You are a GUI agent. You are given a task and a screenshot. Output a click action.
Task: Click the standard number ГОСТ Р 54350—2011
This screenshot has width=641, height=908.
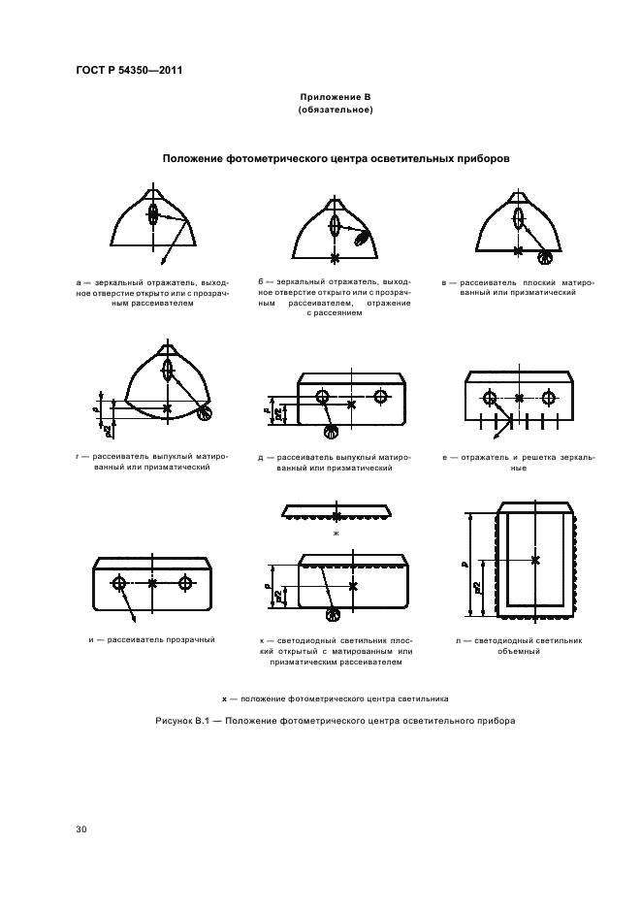(x=129, y=70)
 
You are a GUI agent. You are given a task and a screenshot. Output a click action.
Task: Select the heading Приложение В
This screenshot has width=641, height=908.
(x=335, y=98)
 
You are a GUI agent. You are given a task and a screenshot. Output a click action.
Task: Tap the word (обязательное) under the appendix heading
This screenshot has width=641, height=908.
(x=336, y=110)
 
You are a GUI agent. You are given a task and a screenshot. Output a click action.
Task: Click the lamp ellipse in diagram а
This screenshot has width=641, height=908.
(x=153, y=217)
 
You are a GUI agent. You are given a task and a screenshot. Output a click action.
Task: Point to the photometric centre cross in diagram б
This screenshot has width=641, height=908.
(x=335, y=259)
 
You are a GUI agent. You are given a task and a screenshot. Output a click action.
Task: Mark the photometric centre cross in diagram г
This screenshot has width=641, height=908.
(x=168, y=408)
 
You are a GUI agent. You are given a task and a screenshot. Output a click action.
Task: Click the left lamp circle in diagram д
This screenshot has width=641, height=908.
(x=322, y=397)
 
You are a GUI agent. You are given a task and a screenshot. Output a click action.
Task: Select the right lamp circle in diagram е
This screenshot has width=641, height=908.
(x=549, y=398)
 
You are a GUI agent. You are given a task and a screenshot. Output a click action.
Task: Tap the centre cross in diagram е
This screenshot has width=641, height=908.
(x=520, y=398)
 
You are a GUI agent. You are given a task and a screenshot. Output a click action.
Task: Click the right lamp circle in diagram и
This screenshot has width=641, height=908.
(x=185, y=583)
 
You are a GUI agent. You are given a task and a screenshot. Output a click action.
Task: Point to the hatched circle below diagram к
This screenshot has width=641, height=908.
(x=336, y=615)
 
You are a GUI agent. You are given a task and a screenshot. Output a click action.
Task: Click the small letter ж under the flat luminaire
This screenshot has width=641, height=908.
(x=336, y=534)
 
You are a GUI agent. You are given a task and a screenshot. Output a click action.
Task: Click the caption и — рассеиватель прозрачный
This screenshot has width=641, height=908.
(x=144, y=640)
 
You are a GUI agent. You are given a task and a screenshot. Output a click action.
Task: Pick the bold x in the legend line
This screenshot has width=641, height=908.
(x=224, y=698)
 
